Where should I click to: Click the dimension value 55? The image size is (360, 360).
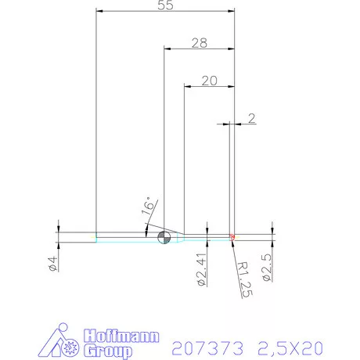165,5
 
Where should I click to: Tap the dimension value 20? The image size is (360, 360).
209,80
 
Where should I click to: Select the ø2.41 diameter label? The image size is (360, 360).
200,265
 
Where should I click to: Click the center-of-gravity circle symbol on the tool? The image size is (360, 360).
164,238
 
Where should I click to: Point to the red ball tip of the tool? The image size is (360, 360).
233,237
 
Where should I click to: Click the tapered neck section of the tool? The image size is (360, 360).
178,238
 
